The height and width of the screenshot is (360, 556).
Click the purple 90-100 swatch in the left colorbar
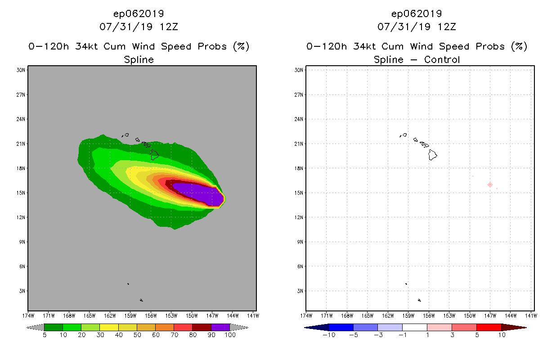(220, 327)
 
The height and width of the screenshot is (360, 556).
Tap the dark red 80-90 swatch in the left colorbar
(202, 327)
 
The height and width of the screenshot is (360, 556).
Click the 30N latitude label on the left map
(21, 70)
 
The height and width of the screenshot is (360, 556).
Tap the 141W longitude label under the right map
(531, 315)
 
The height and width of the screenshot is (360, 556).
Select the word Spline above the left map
(139, 60)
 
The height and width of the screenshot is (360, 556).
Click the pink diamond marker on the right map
(490, 184)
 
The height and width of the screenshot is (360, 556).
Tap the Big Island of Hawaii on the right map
(433, 155)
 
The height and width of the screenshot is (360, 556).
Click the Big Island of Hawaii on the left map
(155, 155)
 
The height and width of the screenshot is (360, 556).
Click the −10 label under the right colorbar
(329, 335)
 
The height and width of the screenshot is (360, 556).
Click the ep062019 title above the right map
(417, 13)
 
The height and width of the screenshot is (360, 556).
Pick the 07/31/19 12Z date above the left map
(139, 27)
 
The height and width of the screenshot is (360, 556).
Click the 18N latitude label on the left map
(21, 168)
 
